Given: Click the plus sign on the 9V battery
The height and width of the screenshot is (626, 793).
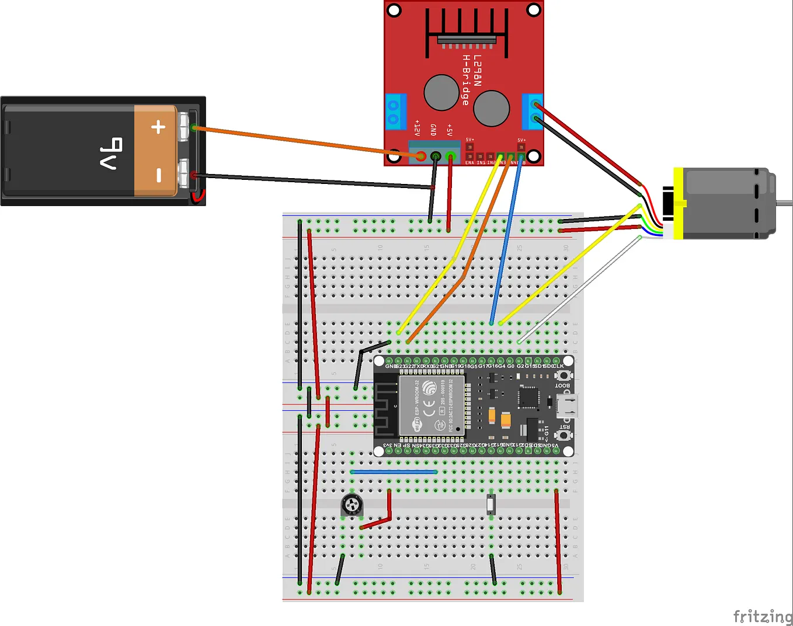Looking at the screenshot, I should coord(158,127).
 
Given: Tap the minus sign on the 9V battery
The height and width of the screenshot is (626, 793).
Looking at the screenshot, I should coord(158,175).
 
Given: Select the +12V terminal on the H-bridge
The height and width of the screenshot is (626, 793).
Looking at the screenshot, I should coord(420,156).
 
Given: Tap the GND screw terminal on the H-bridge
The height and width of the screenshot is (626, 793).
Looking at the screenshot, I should coord(436,156).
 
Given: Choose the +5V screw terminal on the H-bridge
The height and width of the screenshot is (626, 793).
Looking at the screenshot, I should coord(450,156).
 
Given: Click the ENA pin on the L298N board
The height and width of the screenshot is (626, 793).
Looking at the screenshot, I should coord(469,156).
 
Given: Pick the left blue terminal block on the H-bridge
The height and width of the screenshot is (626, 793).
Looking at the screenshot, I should coord(395,111).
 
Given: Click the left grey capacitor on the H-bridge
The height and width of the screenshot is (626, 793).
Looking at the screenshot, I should coord(441,92).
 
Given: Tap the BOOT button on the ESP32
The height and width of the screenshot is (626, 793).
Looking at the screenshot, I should coord(563,375).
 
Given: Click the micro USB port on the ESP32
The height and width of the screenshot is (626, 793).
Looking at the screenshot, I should coord(567,406).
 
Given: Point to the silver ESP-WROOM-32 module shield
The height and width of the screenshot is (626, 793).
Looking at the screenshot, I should coord(432,405).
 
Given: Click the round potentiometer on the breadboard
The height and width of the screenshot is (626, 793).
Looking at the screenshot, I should coord(352,505).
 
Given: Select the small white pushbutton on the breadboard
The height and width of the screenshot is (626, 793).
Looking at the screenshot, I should coord(491,504).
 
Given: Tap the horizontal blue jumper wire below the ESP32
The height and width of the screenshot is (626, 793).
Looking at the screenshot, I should coord(394,472).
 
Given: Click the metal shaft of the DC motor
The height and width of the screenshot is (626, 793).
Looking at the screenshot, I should coord(784,203).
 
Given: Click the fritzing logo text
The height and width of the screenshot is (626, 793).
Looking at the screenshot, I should coord(762,616).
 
